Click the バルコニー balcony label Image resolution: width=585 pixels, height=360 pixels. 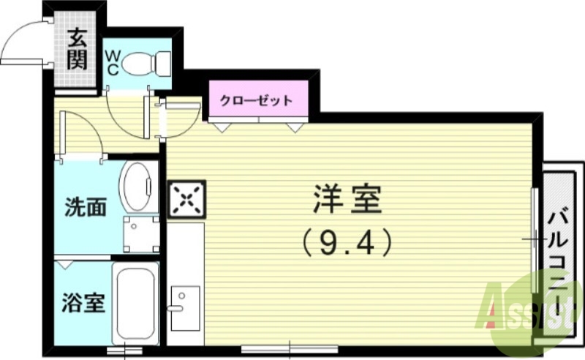pyautogui.click(x=559, y=267)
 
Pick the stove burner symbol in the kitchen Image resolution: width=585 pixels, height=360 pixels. pyautogui.click(x=187, y=198)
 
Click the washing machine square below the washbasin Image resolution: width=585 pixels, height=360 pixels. pyautogui.click(x=140, y=233)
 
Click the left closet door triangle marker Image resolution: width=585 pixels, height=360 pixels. pyautogui.click(x=219, y=126)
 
